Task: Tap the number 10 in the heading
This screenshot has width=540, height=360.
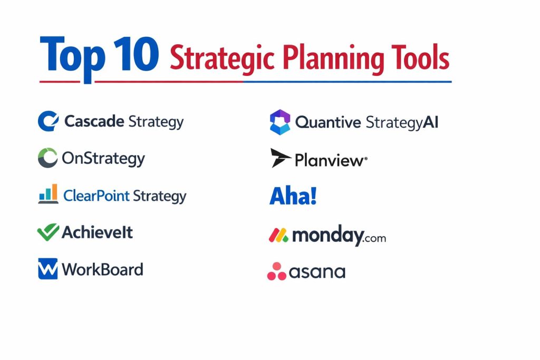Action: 136,54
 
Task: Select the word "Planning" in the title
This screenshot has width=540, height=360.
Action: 333,59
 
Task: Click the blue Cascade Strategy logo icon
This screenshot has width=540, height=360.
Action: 48,121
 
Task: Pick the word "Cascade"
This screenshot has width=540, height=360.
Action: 94,121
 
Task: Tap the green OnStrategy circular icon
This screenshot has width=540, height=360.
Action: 47,158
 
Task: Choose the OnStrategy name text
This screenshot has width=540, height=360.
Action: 103,159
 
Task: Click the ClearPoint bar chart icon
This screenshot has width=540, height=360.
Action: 48,194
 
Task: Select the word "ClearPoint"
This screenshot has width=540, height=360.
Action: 97,196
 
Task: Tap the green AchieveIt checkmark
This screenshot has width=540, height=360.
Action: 48,232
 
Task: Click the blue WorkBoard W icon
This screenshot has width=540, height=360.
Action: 48,269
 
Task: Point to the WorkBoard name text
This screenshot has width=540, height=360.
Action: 102,269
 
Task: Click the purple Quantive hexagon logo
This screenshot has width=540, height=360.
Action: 280,122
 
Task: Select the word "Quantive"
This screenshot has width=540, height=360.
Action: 328,122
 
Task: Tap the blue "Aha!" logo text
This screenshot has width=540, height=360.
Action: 293,196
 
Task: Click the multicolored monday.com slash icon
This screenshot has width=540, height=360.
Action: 278,235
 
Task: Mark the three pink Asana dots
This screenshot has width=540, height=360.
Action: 276,271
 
